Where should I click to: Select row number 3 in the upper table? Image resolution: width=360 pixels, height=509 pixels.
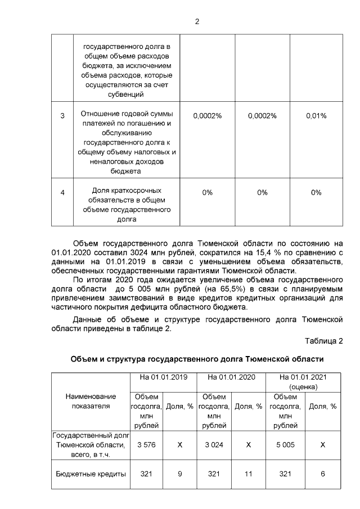point(62,115)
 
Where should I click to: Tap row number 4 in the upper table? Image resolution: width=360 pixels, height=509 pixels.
point(62,192)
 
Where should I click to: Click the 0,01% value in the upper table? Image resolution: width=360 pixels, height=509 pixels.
point(316,115)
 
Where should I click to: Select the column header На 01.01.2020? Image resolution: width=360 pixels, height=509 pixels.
point(232,377)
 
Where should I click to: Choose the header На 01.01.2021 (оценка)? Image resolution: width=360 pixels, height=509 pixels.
point(303,382)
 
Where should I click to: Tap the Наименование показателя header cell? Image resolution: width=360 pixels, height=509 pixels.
point(91,401)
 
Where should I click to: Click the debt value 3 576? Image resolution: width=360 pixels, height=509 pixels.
point(146,444)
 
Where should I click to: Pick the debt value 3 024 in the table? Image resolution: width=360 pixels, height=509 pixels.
point(214,444)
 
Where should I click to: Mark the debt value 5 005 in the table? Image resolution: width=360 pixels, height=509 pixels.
point(286,444)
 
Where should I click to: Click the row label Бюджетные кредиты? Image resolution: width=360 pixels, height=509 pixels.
point(91,474)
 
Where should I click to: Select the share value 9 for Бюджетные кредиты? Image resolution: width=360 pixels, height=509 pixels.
point(180,474)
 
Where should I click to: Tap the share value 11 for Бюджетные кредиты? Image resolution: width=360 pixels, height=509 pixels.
point(248,474)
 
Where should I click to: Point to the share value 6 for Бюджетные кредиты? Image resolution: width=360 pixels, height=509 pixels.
point(323,474)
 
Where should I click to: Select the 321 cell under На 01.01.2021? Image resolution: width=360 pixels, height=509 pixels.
point(286,474)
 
